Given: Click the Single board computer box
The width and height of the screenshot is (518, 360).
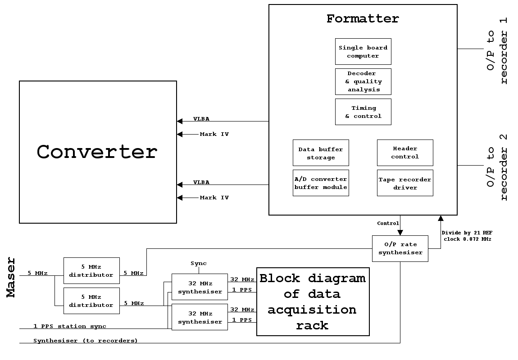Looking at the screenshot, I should (x=363, y=52).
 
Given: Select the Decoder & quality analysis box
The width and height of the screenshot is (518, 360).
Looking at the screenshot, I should (x=363, y=81).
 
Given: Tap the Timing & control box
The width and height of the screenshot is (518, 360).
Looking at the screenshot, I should (x=363, y=112).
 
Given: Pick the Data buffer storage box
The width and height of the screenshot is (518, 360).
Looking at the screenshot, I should (x=321, y=153).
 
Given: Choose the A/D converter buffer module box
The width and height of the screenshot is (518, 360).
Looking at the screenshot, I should (x=321, y=183).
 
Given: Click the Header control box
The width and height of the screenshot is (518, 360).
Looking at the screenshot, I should (x=405, y=153).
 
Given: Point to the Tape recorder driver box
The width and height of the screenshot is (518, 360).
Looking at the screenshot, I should (x=405, y=183).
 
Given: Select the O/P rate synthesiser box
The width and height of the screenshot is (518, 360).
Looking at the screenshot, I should (x=400, y=248).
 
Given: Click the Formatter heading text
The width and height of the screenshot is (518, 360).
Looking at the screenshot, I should (x=363, y=19).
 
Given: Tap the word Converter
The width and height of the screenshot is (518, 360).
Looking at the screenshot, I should (x=97, y=152).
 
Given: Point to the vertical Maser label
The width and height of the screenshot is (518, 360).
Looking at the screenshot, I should (x=11, y=277).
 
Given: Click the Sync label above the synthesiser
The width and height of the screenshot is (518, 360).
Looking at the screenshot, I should (x=199, y=263).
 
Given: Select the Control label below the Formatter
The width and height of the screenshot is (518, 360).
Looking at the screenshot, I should (x=388, y=223).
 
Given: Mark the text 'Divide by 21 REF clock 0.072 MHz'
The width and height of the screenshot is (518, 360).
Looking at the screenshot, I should (x=467, y=236).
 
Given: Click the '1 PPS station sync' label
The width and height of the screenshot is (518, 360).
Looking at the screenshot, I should (x=70, y=326).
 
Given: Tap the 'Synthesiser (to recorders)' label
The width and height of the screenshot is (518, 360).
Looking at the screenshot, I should (x=86, y=341).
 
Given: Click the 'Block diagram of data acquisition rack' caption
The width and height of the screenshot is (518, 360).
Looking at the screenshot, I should (x=313, y=301).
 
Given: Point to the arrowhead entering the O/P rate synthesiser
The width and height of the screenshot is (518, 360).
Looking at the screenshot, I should (x=400, y=233).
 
